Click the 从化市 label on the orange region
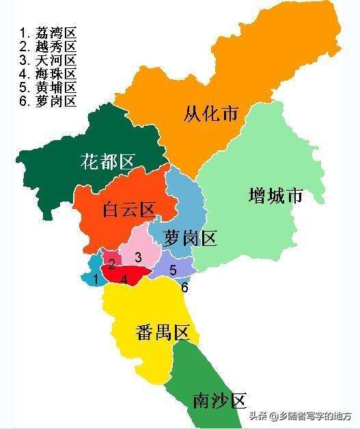point(211,113)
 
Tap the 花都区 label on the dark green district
point(107,162)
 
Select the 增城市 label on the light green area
point(276,196)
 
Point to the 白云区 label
point(129,210)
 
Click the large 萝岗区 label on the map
point(191,238)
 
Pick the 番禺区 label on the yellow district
point(162,333)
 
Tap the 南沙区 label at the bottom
point(219,400)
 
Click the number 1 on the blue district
point(96,279)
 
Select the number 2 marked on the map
point(111,263)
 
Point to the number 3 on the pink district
point(138,257)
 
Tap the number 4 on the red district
point(124,279)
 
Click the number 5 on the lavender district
point(173,269)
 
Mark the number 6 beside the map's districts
point(184,287)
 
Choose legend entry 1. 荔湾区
point(48,32)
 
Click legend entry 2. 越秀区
point(48,46)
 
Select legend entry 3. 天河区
point(48,59)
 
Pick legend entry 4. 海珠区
point(48,73)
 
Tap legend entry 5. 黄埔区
point(48,87)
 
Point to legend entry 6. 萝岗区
point(48,101)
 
